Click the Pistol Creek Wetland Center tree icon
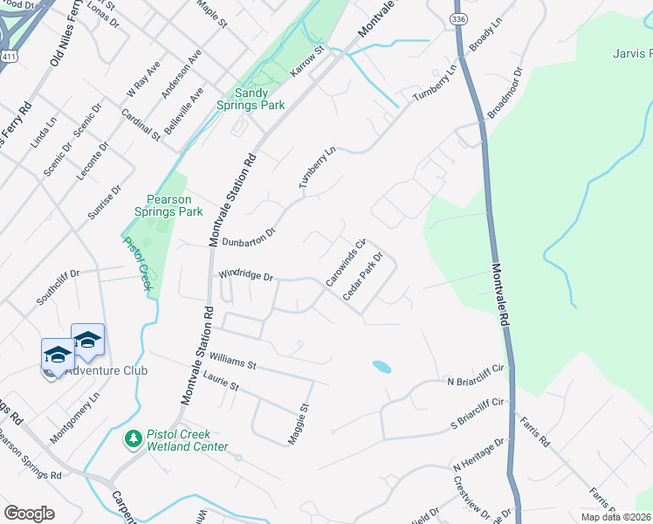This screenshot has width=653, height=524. pos(134,437)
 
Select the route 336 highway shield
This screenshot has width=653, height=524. pos(457,17)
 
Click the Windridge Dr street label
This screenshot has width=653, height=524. pos(246,275)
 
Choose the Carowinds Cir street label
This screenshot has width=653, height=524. pos(344,262)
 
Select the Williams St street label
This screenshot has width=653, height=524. pos(232,361)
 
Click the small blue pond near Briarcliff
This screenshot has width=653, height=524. pos(381,367)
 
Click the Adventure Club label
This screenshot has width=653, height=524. pos(107,370)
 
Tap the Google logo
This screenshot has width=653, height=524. pos(29,514)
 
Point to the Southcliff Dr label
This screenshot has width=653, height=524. pos(58,286)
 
